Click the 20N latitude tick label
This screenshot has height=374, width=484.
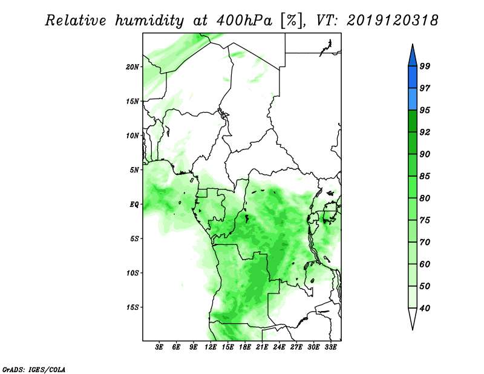[x=132, y=67]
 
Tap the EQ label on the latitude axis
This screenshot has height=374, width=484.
[x=134, y=205]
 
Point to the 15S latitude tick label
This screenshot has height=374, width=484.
[x=132, y=307]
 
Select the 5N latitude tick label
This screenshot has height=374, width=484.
[x=134, y=170]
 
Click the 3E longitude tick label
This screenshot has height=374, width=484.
[x=159, y=347]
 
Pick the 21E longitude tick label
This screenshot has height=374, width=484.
[x=262, y=347]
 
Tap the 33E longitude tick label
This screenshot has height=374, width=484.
[x=330, y=347]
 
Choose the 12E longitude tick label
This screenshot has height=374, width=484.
[x=211, y=347]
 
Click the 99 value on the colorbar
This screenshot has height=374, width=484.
[x=425, y=66]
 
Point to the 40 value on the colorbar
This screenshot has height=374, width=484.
[x=425, y=308]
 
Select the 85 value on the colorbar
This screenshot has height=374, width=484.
[x=425, y=176]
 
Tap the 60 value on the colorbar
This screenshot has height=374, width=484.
[x=425, y=264]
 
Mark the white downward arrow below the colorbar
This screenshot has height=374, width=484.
[x=413, y=318]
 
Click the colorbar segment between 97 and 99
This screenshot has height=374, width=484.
[x=413, y=77]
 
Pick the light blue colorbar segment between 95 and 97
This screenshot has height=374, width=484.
[x=413, y=99]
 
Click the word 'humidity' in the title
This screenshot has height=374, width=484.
[x=149, y=21]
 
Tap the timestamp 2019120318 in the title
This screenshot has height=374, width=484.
[x=392, y=21]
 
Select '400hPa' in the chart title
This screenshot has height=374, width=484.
[x=244, y=21]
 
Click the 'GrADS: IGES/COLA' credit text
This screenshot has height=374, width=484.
[x=34, y=369]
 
